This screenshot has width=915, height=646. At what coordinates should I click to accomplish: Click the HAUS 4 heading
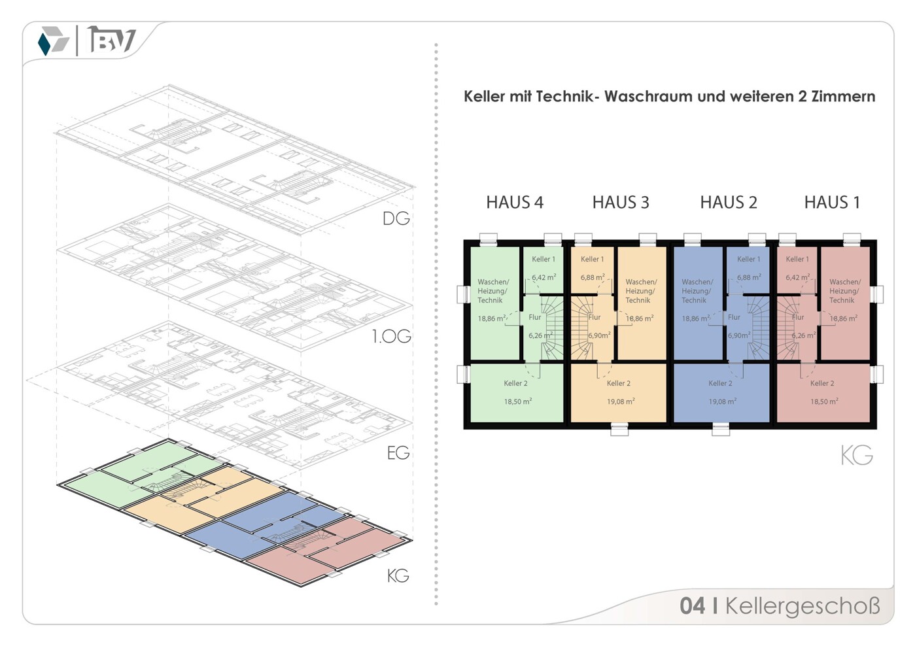(514, 203)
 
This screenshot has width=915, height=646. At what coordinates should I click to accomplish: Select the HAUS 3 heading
(620, 203)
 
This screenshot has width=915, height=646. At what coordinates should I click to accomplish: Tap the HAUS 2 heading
(728, 203)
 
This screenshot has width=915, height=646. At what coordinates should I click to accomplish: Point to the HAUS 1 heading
(831, 203)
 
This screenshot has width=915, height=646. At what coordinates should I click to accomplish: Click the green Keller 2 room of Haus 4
(517, 392)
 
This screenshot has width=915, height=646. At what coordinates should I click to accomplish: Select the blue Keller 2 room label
(720, 384)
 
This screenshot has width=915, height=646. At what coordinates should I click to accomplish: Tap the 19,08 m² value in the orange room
(620, 401)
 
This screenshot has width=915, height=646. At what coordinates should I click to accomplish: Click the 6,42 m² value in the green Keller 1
(544, 277)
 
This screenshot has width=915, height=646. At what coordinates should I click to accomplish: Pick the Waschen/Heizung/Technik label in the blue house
(697, 291)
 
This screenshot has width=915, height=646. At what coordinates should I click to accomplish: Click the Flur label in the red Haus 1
(798, 317)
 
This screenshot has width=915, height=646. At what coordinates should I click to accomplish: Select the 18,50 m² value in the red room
(823, 401)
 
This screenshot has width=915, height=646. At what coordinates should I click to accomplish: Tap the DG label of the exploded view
(396, 218)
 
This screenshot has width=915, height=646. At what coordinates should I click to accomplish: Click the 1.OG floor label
(391, 337)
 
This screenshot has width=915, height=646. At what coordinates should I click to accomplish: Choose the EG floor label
(398, 452)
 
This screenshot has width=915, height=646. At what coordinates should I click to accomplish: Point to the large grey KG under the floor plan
(856, 455)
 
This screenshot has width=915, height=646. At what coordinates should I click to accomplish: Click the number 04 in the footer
(693, 606)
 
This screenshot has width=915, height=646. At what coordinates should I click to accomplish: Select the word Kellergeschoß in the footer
(802, 606)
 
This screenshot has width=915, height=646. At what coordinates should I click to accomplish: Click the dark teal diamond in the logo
(44, 44)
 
